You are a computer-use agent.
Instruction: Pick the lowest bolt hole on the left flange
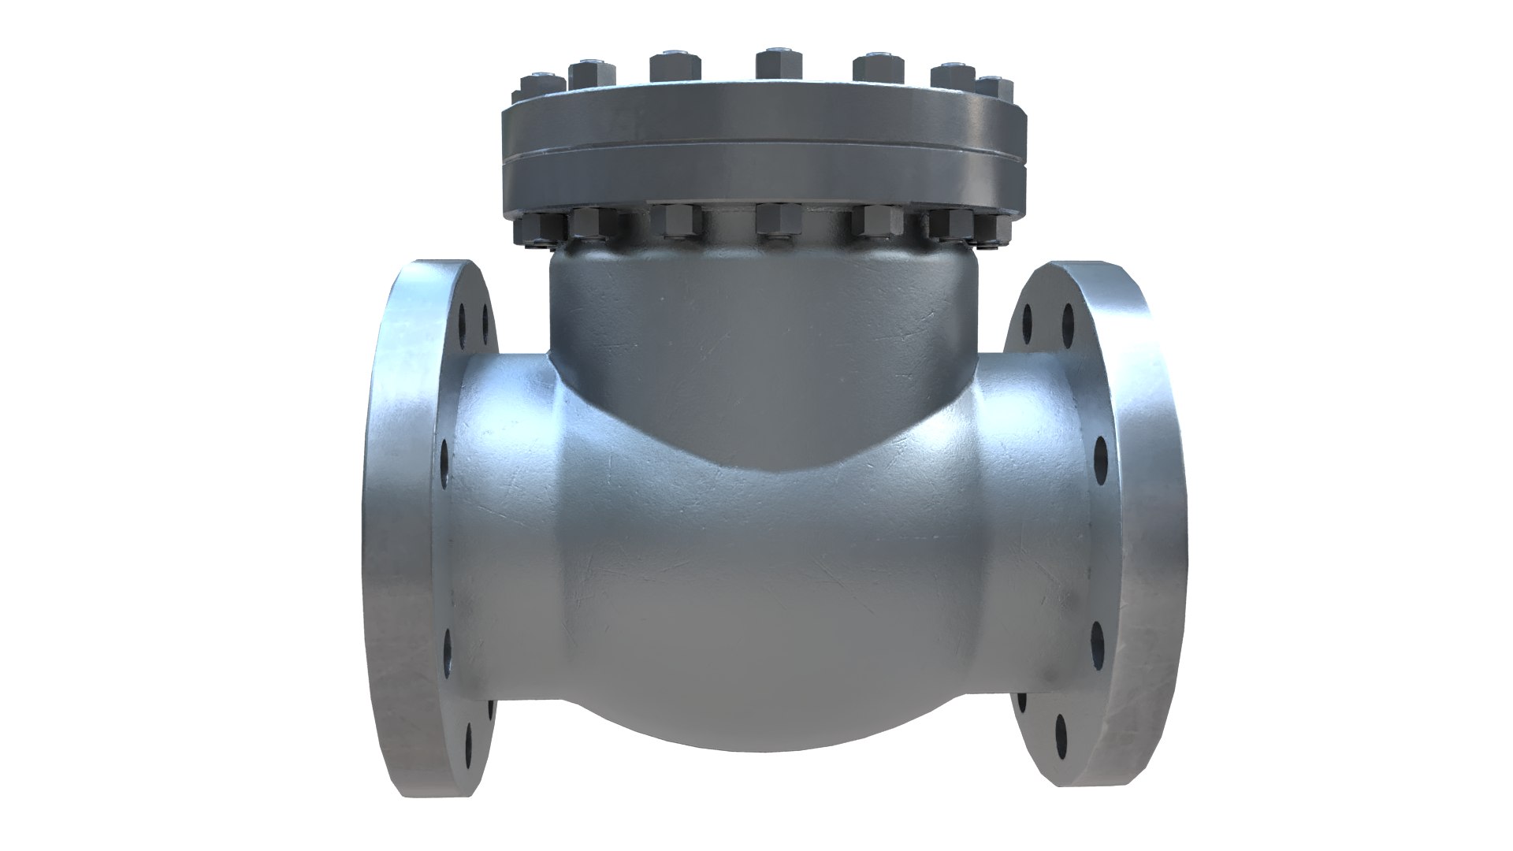coord(468,739)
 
